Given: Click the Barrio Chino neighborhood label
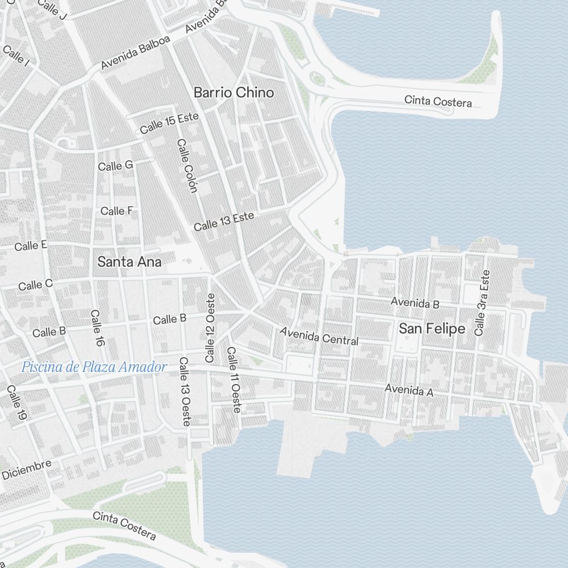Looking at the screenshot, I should pos(233,92).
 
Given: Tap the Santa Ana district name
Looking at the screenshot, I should pos(130,262).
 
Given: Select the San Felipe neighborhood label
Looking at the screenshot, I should pos(432,329).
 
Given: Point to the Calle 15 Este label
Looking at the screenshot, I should pos(169,123).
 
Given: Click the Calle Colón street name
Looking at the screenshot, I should pos(186,166).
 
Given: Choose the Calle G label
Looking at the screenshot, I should pos(115,165).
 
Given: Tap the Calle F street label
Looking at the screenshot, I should pos(116,211).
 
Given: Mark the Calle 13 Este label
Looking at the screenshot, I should pos(224,222).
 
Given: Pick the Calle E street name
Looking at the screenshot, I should pos(31,246).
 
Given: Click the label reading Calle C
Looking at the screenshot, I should pos(35,285).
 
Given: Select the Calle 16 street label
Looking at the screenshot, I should pos(97,328).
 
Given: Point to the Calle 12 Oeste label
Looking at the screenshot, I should pos(211,328).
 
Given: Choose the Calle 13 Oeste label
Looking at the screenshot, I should pos(185,392).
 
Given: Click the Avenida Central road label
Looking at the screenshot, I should pos(319,336).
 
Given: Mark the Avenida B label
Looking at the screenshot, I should pos(415,303).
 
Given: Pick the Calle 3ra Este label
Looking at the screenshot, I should pos(482,303).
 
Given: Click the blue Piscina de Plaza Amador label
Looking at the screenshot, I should pos(94,367).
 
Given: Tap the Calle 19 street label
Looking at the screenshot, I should pos(17,403).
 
